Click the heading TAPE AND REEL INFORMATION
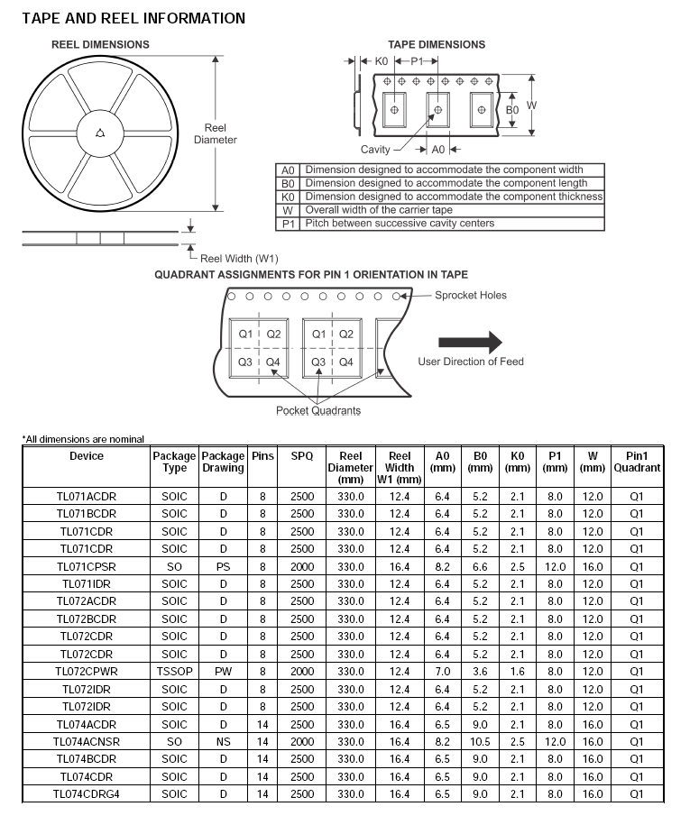click(133, 18)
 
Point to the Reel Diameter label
click(216, 133)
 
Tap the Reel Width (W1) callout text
click(239, 258)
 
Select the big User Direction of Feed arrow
click(470, 342)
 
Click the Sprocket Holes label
click(471, 295)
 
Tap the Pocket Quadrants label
click(318, 410)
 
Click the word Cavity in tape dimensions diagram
click(375, 150)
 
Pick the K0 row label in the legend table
click(288, 197)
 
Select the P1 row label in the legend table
click(288, 224)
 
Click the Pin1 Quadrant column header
click(637, 462)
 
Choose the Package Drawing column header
click(223, 462)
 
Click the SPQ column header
click(302, 456)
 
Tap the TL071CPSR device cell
click(87, 566)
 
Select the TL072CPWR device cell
click(87, 672)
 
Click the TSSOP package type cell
click(174, 672)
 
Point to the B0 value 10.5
click(480, 742)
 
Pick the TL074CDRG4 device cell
click(87, 794)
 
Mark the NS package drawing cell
click(223, 742)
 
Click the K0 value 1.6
click(517, 672)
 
